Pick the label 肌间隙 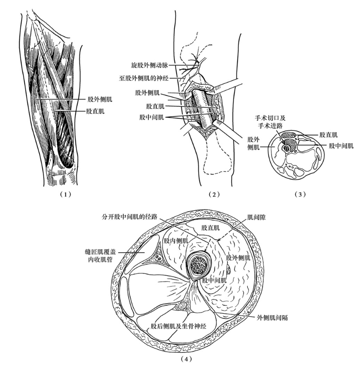tap(256, 217)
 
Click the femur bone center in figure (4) tap(200, 265)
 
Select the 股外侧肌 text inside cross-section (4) tap(238, 258)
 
